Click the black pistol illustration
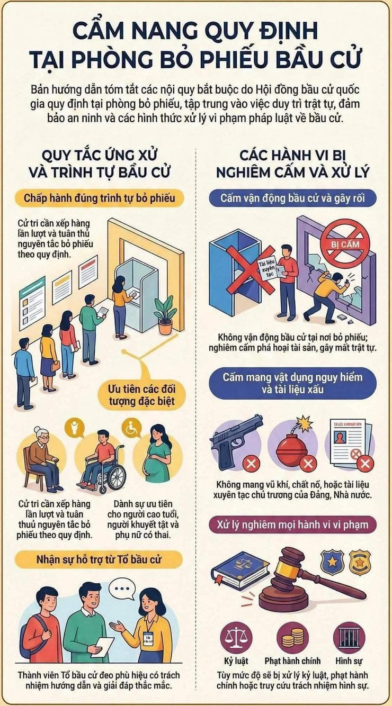[x=237, y=438]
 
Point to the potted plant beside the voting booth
[x=165, y=313]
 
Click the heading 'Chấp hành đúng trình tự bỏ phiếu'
[x=100, y=198]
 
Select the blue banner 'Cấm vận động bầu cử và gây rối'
[x=292, y=198]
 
